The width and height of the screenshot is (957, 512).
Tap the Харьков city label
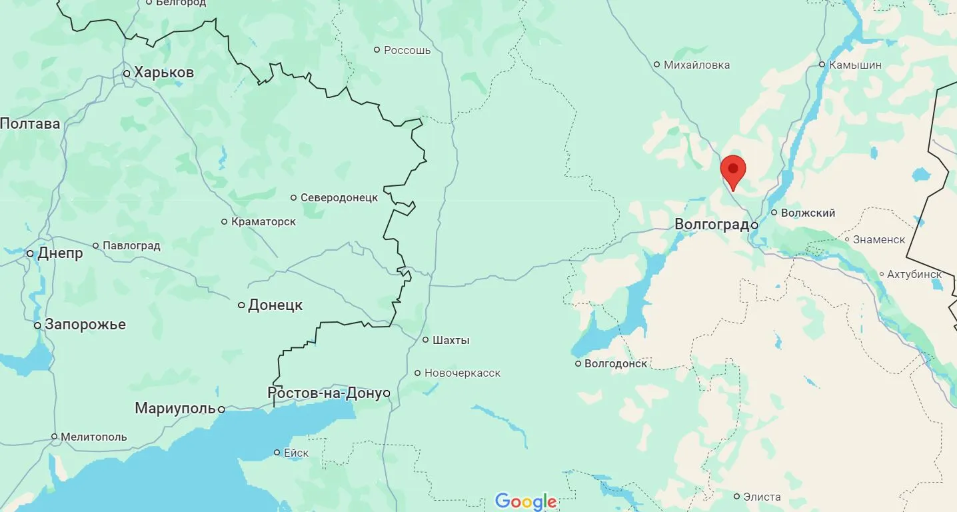164,73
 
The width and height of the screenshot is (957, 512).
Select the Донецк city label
275,305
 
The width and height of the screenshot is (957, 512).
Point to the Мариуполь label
175,408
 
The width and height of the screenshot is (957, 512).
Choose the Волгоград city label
711,225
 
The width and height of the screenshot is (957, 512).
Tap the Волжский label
807,213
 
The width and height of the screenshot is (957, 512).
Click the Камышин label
855,65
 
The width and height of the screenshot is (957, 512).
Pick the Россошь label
407,50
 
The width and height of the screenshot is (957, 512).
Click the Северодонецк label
339,197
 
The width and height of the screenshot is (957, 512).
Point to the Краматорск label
263,221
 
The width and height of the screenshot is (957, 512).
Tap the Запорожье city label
85,325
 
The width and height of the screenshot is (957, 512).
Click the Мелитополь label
93,437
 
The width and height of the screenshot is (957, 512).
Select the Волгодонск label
616,363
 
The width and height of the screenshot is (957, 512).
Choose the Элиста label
762,497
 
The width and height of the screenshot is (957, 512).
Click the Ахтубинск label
914,274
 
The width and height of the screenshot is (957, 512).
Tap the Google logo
525,501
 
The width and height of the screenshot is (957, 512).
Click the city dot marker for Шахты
426,340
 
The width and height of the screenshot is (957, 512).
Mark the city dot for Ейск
277,453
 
